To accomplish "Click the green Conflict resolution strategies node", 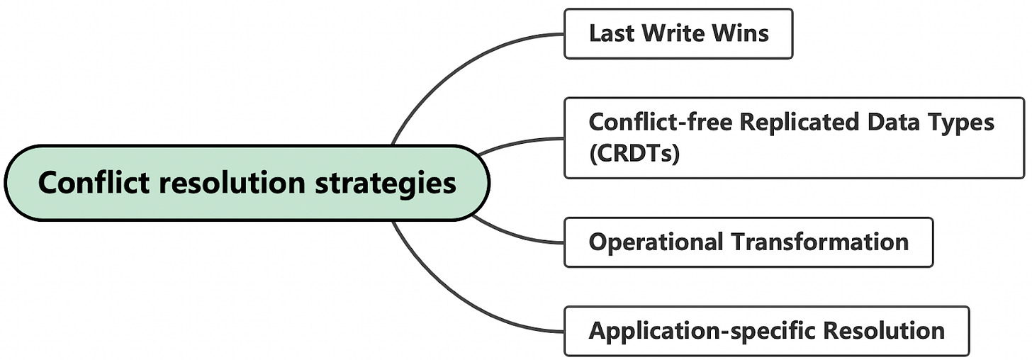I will pyautogui.click(x=247, y=183).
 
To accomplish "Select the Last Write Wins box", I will pyautogui.click(x=678, y=33).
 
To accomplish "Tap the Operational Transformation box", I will pyautogui.click(x=748, y=242).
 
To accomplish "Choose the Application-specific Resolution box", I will pyautogui.click(x=765, y=331).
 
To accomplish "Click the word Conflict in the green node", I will pyautogui.click(x=94, y=183).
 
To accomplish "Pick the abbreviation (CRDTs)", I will pyautogui.click(x=634, y=153).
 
